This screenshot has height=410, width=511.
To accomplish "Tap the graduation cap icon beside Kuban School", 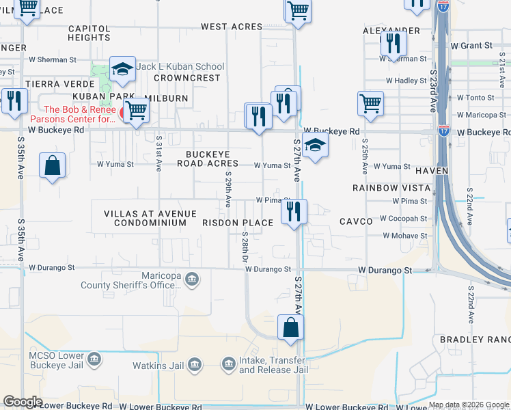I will point(122,69).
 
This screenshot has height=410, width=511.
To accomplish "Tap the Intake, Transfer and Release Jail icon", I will point(229,363).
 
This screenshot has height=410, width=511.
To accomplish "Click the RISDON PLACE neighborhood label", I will point(238,223).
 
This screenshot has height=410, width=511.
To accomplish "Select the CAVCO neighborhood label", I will point(356,221).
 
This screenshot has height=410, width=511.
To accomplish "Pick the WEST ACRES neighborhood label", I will point(231,27).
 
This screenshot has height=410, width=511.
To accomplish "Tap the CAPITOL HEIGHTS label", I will point(89,33).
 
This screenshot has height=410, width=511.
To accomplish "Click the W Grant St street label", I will point(471,46).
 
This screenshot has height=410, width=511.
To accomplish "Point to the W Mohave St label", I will point(404,236).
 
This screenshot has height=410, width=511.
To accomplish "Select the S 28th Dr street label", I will point(244,247).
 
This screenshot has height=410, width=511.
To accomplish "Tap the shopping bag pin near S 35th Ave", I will point(53,165).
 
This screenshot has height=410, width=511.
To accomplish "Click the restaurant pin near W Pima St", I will point(294,210).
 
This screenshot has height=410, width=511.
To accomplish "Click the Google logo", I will point(23,402).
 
